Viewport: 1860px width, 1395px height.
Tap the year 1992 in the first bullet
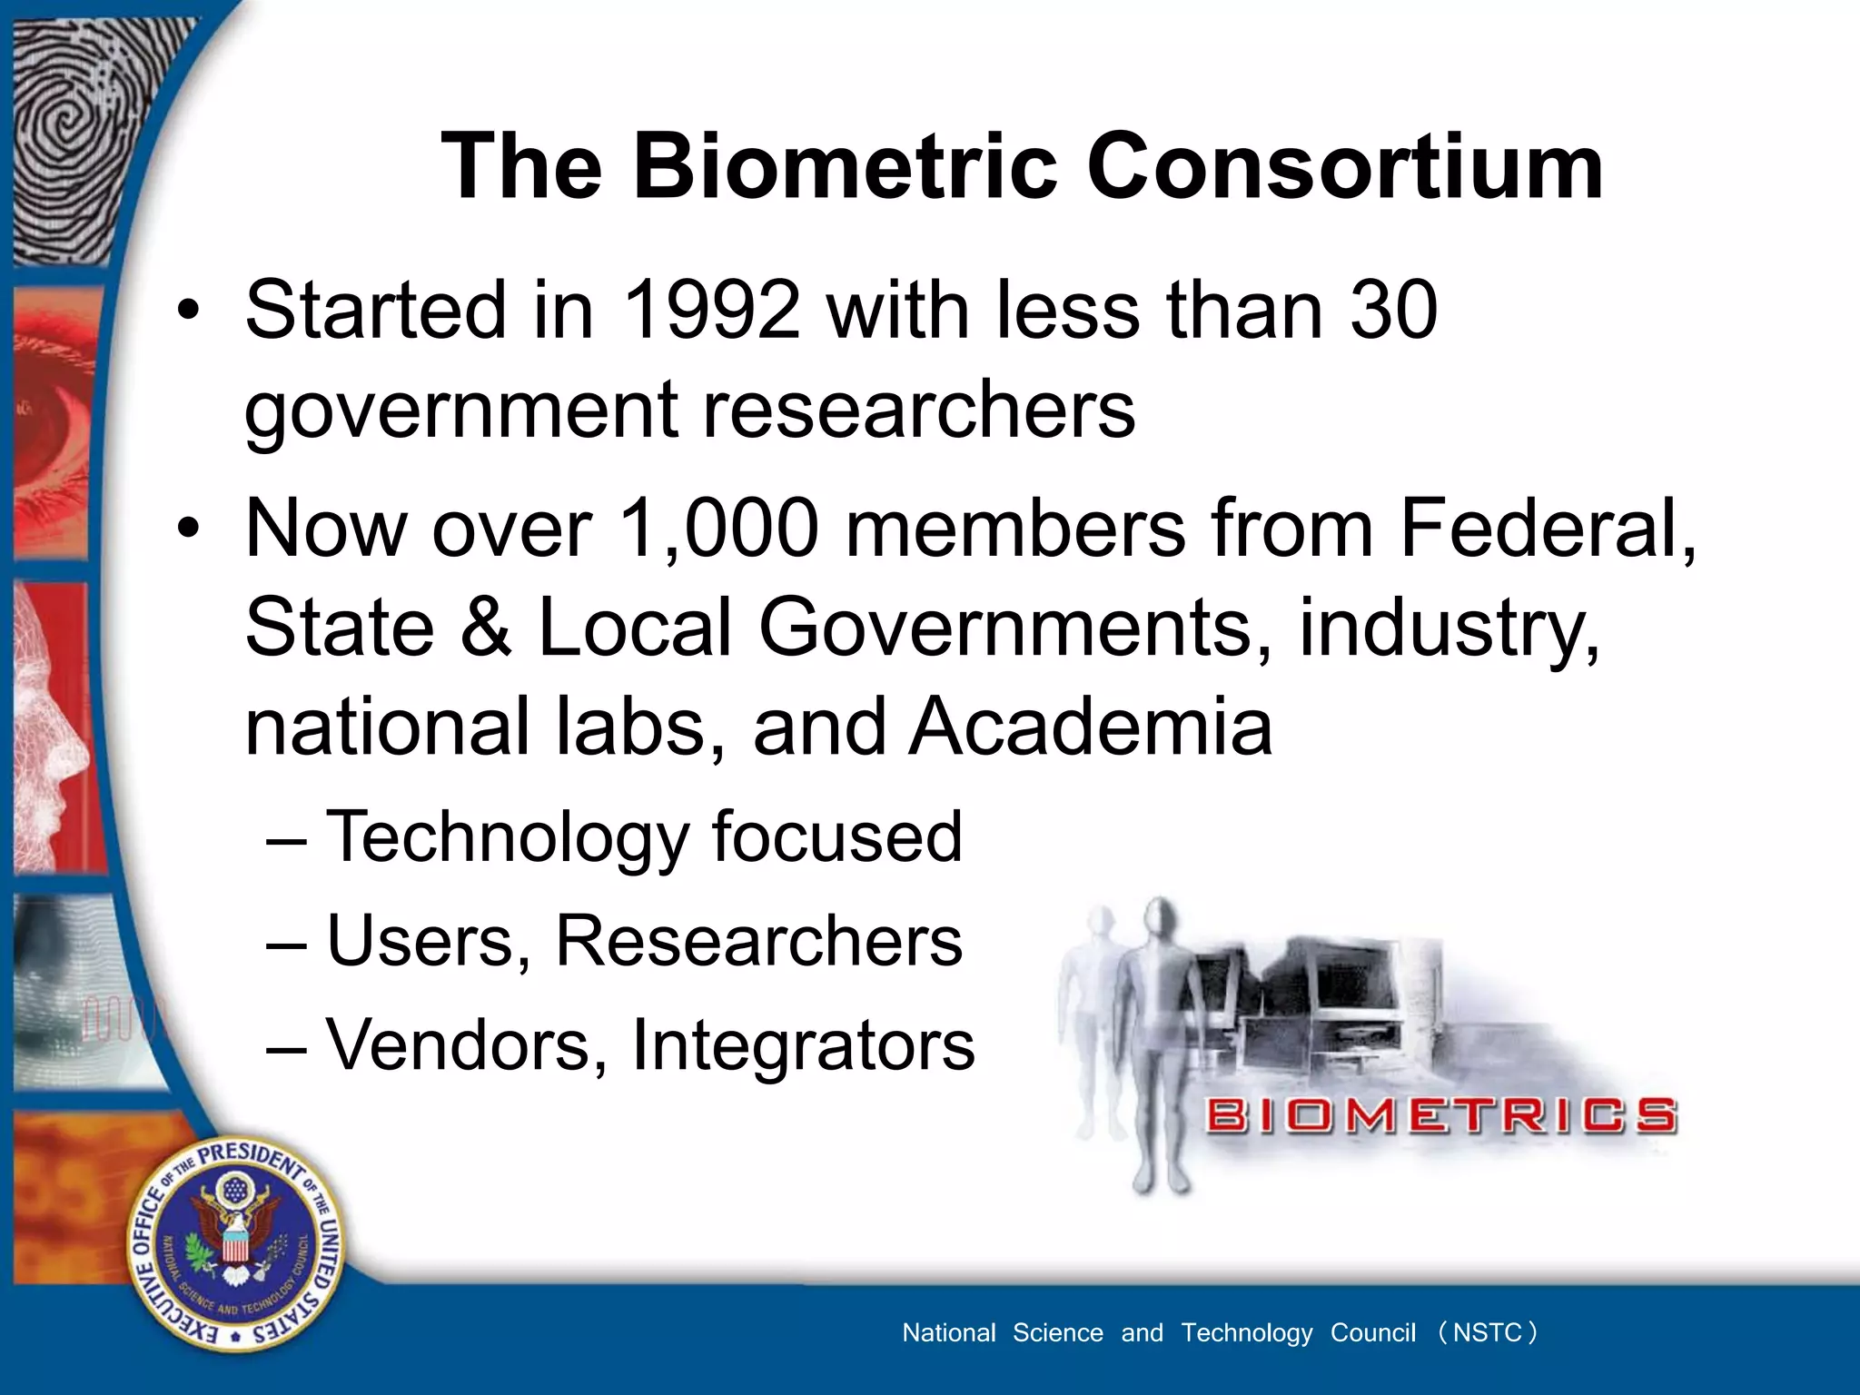[712, 311]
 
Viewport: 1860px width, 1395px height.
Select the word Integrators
[803, 1045]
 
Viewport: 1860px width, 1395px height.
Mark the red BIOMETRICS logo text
[1440, 1115]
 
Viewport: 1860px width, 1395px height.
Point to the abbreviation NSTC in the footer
[1487, 1332]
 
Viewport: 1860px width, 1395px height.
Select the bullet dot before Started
[188, 312]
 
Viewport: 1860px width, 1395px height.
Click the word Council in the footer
[1372, 1332]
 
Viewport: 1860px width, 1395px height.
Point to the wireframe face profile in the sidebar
[54, 727]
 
